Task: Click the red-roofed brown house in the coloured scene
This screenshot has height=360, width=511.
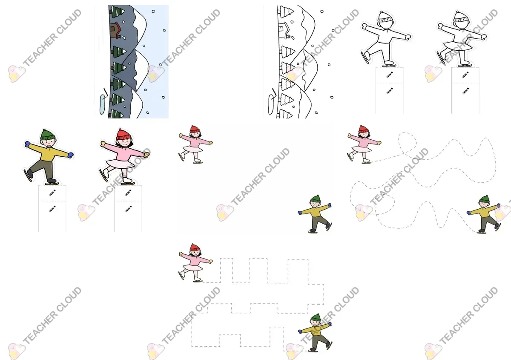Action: (115, 31)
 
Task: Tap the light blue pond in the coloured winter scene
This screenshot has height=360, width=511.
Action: (103, 104)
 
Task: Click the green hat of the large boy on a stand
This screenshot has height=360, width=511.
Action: (48, 135)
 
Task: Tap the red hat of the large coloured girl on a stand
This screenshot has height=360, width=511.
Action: (123, 135)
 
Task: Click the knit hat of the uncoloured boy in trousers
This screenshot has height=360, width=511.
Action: (385, 17)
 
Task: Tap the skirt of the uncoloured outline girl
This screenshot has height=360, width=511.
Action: (458, 46)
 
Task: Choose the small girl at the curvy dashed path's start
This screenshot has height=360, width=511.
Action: (364, 144)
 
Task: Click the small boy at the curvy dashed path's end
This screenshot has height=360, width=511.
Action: (484, 214)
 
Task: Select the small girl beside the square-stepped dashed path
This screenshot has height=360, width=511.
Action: (195, 263)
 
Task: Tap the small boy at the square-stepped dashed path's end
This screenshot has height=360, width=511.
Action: (315, 333)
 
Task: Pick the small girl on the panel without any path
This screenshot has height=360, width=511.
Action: (195, 144)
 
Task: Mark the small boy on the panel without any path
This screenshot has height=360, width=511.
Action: (315, 214)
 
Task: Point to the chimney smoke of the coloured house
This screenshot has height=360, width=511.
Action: (123, 37)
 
